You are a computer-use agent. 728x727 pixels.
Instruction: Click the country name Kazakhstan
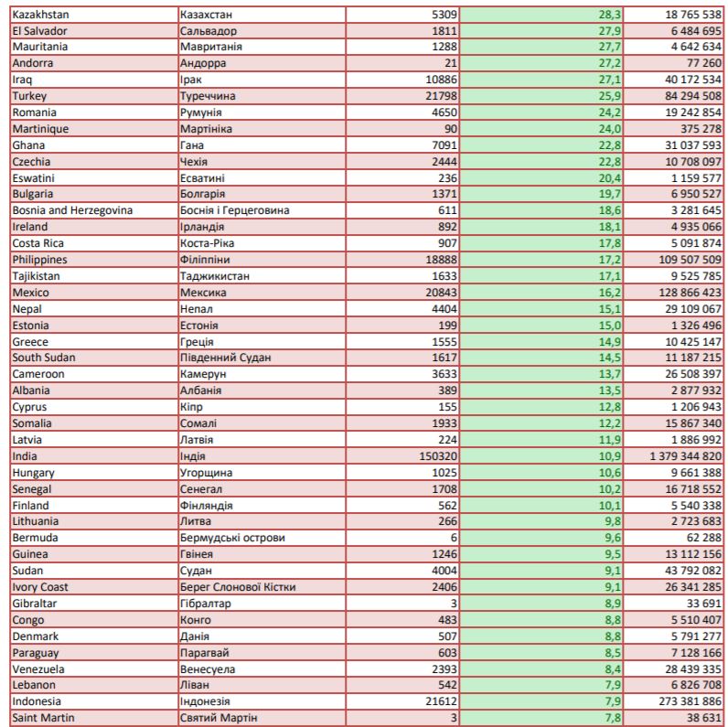tap(40, 15)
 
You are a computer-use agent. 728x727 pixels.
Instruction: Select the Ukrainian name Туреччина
tap(209, 96)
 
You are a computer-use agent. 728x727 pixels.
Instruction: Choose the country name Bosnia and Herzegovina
tap(72, 210)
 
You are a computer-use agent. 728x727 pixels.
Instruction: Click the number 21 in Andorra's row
tap(451, 63)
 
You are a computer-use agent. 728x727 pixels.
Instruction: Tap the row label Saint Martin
tap(44, 718)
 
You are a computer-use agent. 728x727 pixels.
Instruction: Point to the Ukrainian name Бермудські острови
tap(232, 538)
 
